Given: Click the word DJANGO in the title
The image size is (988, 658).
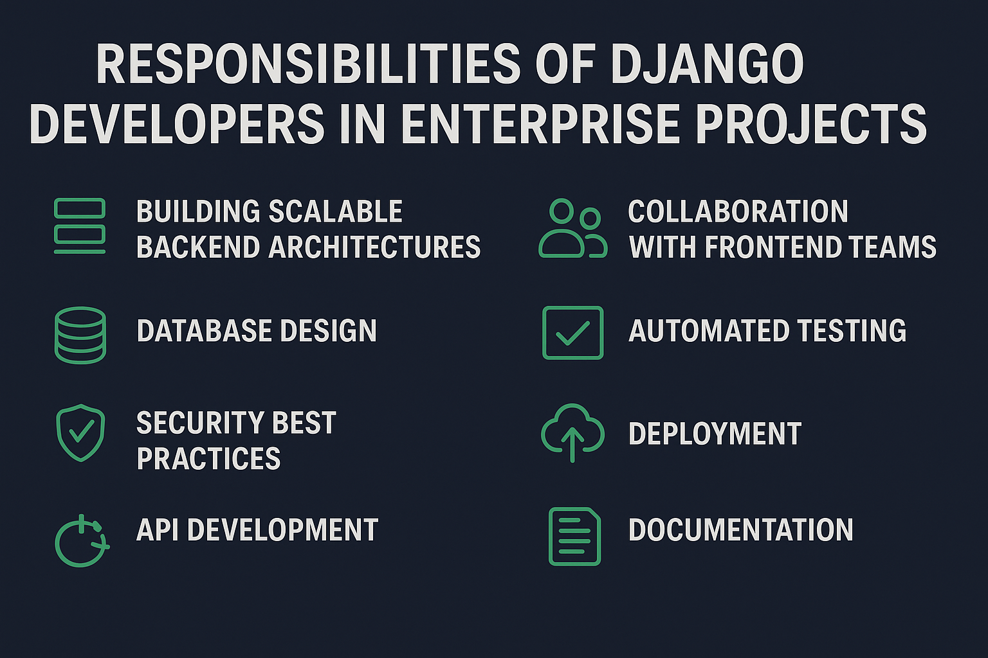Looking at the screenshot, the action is [x=707, y=64].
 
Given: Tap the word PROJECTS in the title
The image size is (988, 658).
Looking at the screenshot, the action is [x=812, y=124].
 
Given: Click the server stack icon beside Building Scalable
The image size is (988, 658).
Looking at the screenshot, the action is [x=80, y=226].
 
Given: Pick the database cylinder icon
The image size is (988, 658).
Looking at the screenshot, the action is [x=80, y=335].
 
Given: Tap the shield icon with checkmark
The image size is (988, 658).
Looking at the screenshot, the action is [x=80, y=433].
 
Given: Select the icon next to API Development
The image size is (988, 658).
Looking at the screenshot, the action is [x=82, y=541].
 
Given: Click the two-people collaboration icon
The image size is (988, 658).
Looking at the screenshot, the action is [x=573, y=228].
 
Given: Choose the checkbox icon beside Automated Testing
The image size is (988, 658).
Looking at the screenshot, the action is [x=573, y=333].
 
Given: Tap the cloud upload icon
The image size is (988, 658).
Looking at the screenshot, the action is [x=572, y=433].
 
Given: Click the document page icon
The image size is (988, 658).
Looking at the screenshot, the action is [x=574, y=537].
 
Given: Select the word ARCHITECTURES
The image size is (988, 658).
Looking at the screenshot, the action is [x=374, y=247].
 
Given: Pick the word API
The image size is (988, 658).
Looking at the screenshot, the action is [x=158, y=529].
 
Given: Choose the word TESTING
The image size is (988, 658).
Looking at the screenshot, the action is [x=851, y=330].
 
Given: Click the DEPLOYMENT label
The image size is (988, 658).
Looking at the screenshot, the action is [x=715, y=434].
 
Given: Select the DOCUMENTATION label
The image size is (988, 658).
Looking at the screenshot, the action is [x=741, y=529].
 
